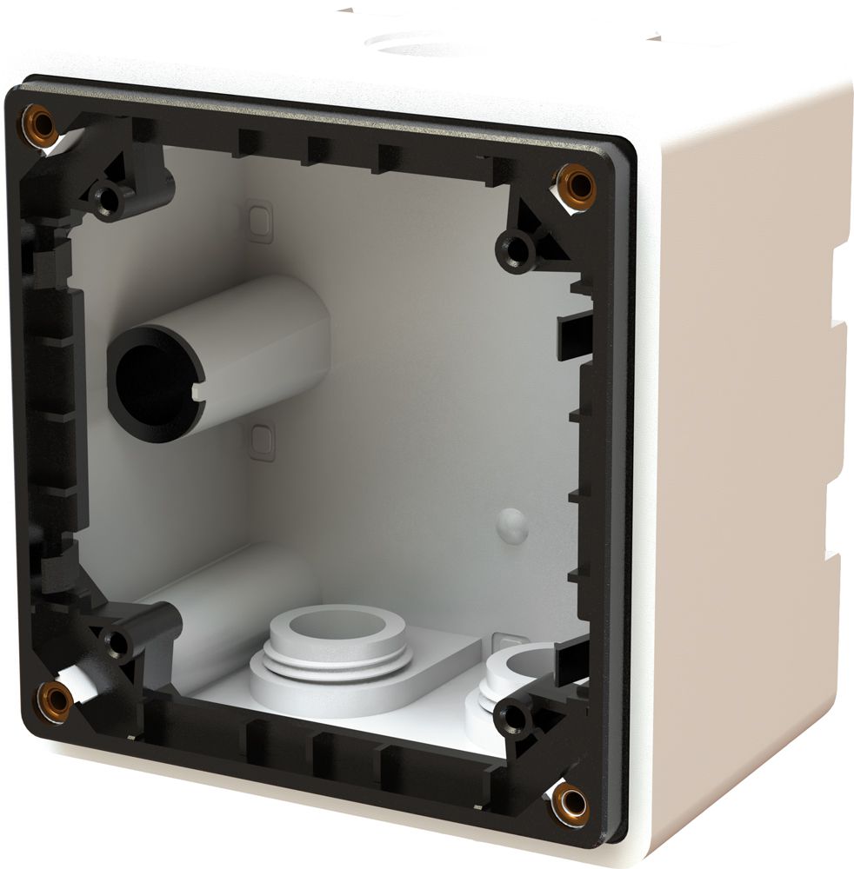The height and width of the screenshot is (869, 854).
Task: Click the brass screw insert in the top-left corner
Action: pyautogui.click(x=40, y=123)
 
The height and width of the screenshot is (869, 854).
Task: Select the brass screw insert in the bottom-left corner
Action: pyautogui.click(x=57, y=700)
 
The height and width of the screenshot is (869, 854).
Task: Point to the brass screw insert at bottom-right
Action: pyautogui.click(x=570, y=802)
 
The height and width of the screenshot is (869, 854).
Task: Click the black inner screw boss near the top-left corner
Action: pyautogui.click(x=109, y=198)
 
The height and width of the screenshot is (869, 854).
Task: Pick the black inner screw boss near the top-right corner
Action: pyautogui.click(x=518, y=250)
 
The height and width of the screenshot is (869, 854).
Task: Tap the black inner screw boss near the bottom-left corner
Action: pyautogui.click(x=118, y=644)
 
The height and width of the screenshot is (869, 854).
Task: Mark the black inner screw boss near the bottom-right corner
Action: pyautogui.click(x=513, y=717)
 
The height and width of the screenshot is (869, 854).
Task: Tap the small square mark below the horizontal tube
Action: pyautogui.click(x=259, y=441)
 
